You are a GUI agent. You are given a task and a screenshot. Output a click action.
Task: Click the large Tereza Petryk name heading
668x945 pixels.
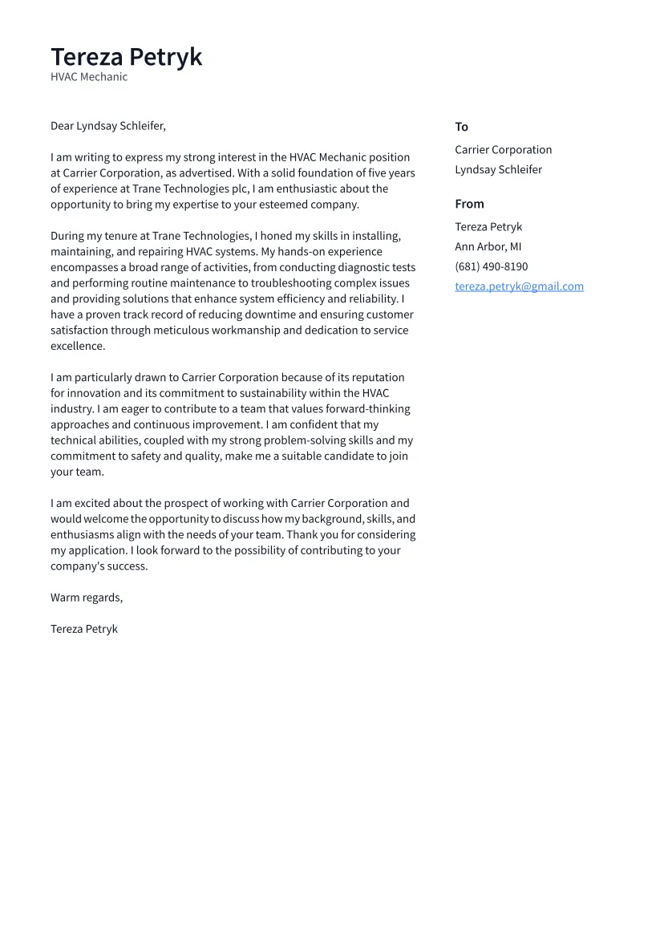click(x=126, y=57)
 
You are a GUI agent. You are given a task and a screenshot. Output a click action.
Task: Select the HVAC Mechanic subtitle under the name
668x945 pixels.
click(x=89, y=77)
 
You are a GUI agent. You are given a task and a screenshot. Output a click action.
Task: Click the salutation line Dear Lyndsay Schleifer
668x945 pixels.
click(x=107, y=126)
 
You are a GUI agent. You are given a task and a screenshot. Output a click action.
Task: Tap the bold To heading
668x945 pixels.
click(x=461, y=127)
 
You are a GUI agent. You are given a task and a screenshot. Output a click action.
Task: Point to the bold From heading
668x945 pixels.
click(x=469, y=204)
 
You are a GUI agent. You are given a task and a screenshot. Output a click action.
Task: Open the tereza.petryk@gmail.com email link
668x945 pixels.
click(x=519, y=286)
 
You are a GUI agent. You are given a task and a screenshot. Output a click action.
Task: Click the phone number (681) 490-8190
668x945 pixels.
click(x=491, y=266)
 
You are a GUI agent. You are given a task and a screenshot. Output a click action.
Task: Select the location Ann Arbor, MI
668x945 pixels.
click(x=488, y=246)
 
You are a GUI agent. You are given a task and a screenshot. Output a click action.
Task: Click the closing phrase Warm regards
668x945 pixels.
click(x=87, y=598)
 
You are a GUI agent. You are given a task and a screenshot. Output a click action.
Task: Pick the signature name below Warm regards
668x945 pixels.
click(x=84, y=629)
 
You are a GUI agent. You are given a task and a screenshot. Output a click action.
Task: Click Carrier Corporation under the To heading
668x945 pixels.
click(x=503, y=150)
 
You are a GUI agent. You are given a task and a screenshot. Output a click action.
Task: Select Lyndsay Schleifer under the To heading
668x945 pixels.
click(x=498, y=169)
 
